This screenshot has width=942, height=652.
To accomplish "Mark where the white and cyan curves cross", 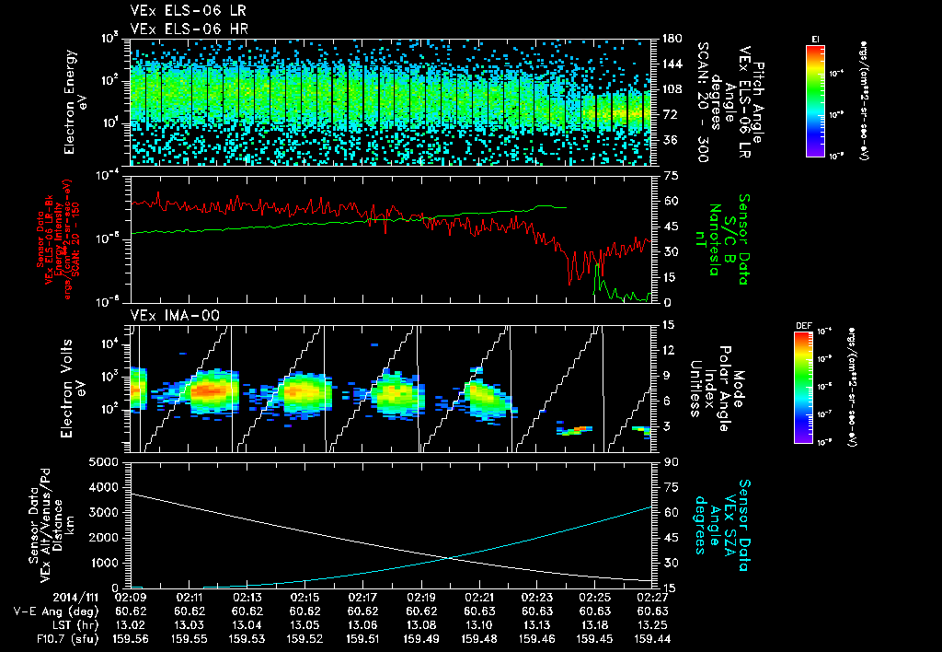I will [449, 556].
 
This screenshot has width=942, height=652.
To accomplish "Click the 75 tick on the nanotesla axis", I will [669, 175].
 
